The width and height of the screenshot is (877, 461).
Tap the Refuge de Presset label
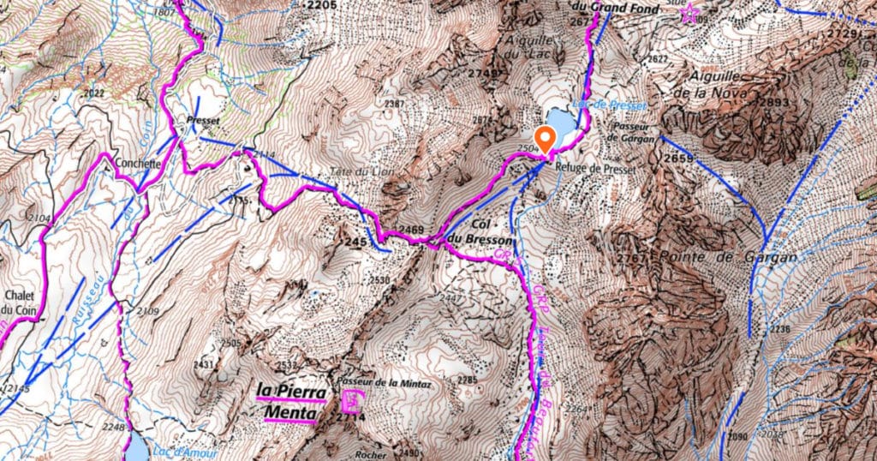595,170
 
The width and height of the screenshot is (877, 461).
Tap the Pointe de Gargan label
729,257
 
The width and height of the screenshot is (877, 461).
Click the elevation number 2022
94,93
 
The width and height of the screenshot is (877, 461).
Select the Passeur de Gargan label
635,132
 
